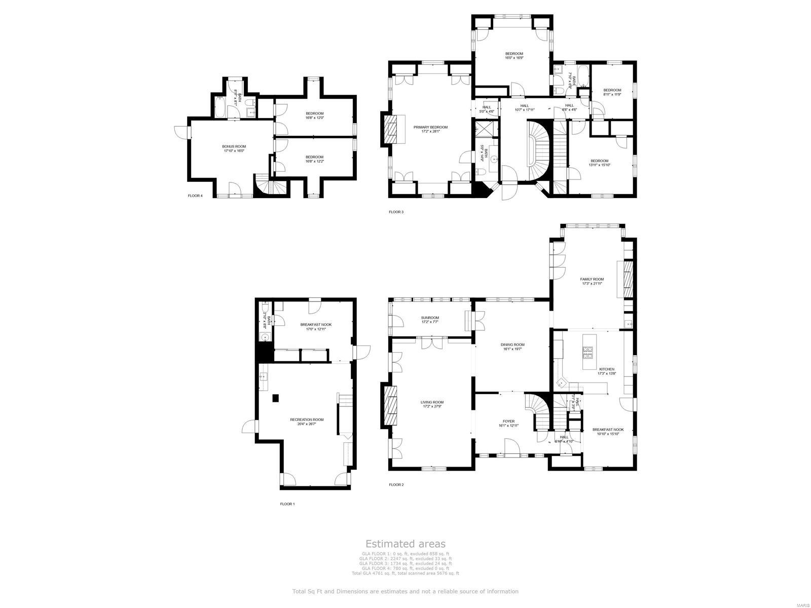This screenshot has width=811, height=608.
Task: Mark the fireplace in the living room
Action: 391,405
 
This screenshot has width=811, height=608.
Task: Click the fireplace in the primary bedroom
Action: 391,130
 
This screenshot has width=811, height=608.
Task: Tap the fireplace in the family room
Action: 628,279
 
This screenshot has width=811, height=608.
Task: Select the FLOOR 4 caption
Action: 195,196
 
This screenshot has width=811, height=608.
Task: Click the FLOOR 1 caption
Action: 287,504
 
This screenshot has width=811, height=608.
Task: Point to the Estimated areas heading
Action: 405,544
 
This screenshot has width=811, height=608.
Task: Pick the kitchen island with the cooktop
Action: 589,352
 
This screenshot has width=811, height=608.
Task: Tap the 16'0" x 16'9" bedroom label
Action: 513,56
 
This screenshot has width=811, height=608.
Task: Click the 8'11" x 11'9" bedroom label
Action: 612,92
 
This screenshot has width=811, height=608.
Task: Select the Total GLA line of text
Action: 405,573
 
